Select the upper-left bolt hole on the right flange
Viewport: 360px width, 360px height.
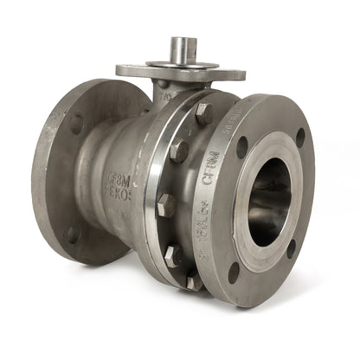(242, 147)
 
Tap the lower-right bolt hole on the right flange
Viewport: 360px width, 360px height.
(292, 248)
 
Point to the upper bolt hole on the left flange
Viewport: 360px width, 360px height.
(76, 123)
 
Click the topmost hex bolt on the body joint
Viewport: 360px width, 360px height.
(203, 113)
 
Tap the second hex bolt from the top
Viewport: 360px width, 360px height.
(179, 151)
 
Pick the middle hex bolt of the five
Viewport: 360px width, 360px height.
(165, 205)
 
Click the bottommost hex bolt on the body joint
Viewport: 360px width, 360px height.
(195, 281)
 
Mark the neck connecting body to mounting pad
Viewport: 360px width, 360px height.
(164, 89)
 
